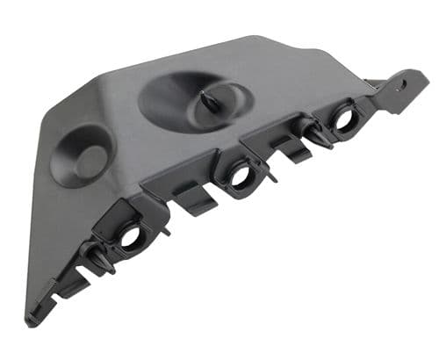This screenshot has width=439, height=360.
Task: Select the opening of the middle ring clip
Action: point(239,175)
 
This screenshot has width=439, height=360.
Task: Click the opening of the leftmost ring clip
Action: point(131,235)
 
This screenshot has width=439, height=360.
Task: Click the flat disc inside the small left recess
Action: point(90,162)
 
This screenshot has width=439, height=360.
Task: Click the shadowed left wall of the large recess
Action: point(154,101)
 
